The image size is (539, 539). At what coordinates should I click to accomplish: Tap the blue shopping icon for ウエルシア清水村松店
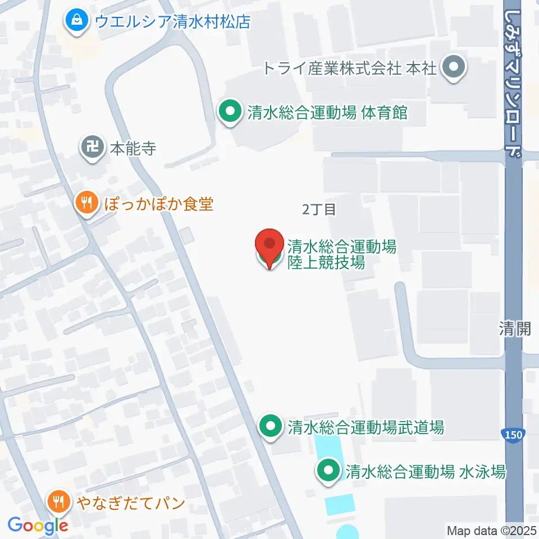(x=75, y=21)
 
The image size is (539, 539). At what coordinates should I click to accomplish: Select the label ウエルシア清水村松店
(x=172, y=22)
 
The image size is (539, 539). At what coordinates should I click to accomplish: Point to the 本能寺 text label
(x=133, y=149)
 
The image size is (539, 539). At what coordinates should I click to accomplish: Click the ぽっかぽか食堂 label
(x=159, y=203)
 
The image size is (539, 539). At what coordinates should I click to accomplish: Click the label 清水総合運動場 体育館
(x=327, y=113)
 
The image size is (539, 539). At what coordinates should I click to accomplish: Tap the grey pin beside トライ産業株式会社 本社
(x=454, y=68)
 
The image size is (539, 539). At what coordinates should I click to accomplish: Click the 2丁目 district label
(x=319, y=210)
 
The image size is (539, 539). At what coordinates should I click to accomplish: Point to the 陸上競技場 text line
(x=326, y=262)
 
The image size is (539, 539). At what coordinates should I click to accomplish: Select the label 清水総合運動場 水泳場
(x=426, y=472)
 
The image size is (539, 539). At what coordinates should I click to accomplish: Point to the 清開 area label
(x=515, y=328)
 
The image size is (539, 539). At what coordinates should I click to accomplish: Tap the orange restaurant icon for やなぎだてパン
(x=59, y=502)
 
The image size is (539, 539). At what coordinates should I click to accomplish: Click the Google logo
(x=38, y=526)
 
